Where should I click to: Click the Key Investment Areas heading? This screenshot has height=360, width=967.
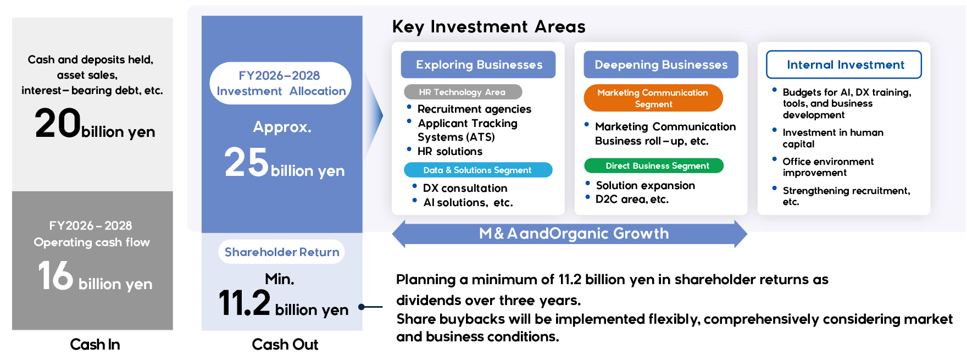[x=488, y=26]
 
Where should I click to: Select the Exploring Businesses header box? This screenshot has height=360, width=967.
[x=478, y=65]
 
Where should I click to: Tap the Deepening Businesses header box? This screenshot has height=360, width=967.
[x=661, y=65]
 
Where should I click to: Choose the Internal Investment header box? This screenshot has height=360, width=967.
[x=844, y=65]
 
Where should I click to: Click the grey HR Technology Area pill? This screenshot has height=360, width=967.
[x=463, y=92]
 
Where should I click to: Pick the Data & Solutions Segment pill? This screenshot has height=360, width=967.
[x=478, y=170]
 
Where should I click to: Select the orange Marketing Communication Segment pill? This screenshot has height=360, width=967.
[x=653, y=98]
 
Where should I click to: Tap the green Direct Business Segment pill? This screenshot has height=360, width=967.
[x=654, y=165]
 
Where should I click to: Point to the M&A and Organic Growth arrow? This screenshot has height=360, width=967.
[x=570, y=234]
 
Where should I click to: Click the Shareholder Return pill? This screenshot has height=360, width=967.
[x=281, y=252]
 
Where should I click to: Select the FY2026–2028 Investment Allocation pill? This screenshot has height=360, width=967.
[x=280, y=84]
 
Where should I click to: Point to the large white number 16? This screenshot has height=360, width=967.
[x=55, y=275]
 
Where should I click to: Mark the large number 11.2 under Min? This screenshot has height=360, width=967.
[x=244, y=303]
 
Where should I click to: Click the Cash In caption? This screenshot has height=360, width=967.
[x=95, y=345]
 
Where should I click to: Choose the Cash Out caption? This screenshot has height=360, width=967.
[x=285, y=345]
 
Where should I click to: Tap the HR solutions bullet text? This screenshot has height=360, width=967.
[x=449, y=151]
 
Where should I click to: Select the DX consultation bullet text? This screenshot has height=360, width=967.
[x=465, y=188]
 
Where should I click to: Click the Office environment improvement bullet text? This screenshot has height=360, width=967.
[x=827, y=167]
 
